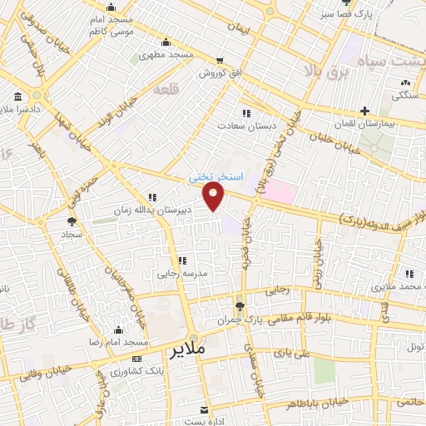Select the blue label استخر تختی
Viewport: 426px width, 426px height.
[214, 177]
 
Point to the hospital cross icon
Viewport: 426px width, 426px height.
[364, 111]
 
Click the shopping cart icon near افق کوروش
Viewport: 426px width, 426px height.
[220, 60]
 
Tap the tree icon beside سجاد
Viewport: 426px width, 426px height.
[70, 221]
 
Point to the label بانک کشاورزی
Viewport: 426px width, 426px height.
[128, 369]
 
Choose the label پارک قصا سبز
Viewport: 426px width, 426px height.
[340, 14]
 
